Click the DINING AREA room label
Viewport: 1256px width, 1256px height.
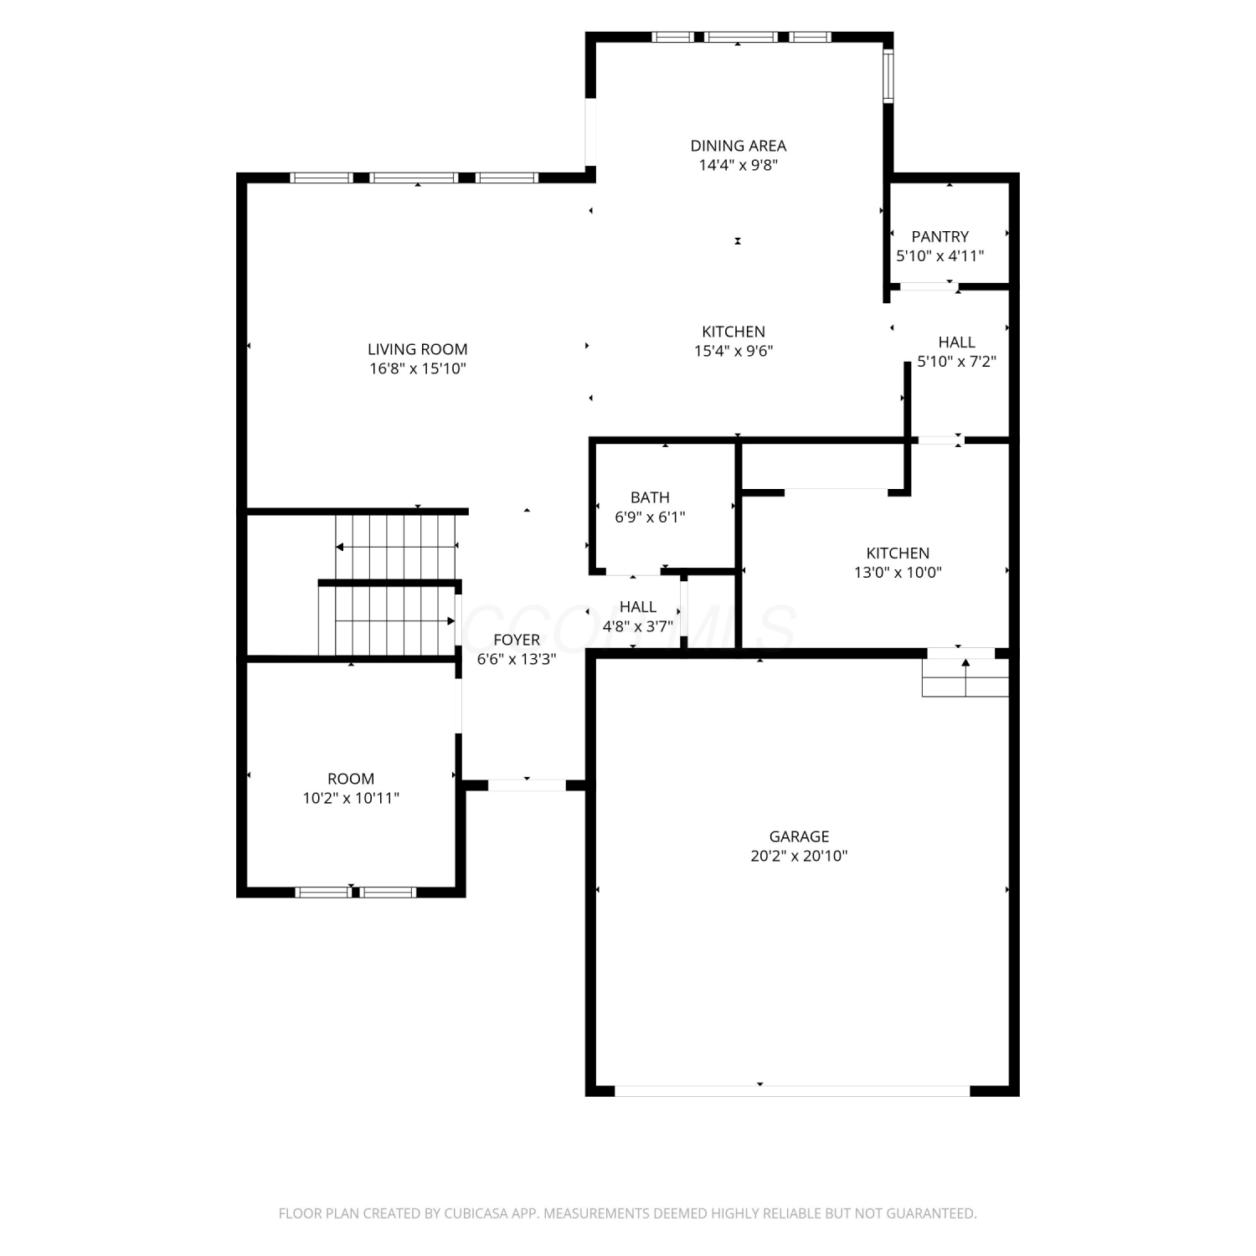(x=738, y=146)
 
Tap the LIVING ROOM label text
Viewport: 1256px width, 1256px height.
(x=417, y=349)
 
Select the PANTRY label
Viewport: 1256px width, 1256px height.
(x=939, y=237)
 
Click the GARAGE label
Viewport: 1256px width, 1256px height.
(x=799, y=836)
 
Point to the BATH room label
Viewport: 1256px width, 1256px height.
(x=650, y=497)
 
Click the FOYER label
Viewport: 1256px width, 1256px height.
(x=517, y=640)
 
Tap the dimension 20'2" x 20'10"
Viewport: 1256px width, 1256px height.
(x=799, y=856)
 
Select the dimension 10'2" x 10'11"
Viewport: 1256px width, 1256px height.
(x=351, y=798)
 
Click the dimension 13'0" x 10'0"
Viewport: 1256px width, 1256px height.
(x=898, y=573)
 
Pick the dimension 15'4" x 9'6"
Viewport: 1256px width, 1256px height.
(x=734, y=351)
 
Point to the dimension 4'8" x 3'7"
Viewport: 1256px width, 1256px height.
(x=637, y=626)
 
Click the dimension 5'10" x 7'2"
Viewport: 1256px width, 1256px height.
(x=956, y=362)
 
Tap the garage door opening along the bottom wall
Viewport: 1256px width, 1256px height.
(x=792, y=1091)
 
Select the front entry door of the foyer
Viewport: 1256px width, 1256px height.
(x=527, y=785)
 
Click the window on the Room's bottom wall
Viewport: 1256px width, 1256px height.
(x=356, y=893)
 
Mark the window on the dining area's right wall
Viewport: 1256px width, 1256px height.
(x=888, y=75)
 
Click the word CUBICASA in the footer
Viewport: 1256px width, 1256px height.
(x=478, y=1213)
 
